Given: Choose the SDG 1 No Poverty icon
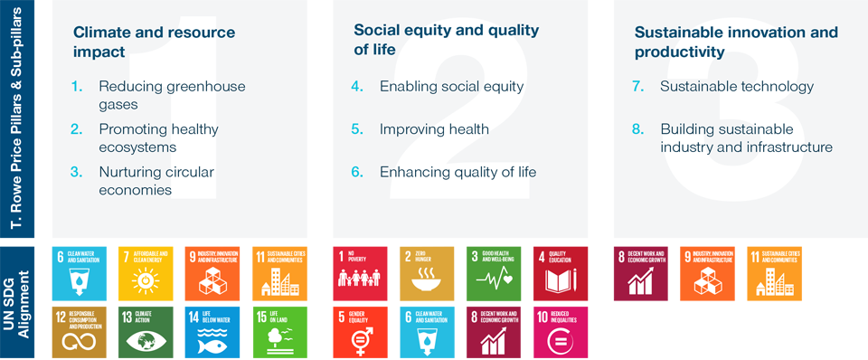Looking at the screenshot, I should coord(361,273).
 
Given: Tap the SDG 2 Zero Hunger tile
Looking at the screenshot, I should coord(427,273).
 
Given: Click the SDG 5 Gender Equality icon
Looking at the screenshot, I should coord(361,332).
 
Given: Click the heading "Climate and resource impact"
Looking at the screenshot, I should coord(154,42).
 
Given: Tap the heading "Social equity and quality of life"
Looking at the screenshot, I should coord(446,40).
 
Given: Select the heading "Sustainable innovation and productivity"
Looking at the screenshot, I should coord(736,42).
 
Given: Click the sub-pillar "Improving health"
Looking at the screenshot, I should coord(434,128).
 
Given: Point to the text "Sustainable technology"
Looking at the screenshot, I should coord(737,87).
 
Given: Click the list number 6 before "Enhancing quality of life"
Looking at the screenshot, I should coord(357,171).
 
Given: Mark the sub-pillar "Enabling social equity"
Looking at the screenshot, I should coord(451,87).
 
